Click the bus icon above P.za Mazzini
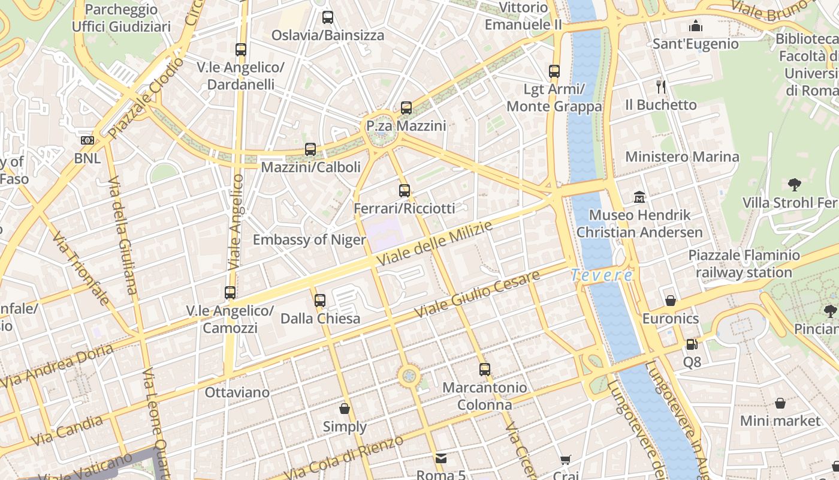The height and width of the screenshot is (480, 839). [x=406, y=108]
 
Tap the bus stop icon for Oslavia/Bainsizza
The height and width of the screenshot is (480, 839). [x=327, y=17]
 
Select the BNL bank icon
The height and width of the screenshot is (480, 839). [x=87, y=140]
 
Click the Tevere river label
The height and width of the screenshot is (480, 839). [x=601, y=275]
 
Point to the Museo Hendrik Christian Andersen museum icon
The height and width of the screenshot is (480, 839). [x=639, y=197]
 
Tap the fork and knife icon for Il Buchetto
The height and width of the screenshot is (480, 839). [x=661, y=87]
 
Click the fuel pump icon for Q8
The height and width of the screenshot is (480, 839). [x=692, y=344]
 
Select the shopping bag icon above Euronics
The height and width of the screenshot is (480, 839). [x=671, y=301]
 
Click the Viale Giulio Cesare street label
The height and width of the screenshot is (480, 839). [x=477, y=295]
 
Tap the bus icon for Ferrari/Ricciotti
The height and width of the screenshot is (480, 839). [x=405, y=191]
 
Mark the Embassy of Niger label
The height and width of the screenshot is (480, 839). [x=309, y=240]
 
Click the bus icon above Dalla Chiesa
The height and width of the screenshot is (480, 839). [x=320, y=300]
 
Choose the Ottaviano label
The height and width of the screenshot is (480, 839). [x=237, y=392]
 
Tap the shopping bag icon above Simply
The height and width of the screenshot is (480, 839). [x=345, y=409]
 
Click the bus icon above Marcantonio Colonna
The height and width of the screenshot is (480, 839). [x=485, y=370]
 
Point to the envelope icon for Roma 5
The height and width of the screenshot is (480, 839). [x=441, y=458]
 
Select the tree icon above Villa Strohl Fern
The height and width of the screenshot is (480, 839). [x=795, y=184]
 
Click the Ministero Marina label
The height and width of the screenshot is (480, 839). [x=682, y=157]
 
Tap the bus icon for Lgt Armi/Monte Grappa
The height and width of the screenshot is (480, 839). [x=554, y=71]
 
